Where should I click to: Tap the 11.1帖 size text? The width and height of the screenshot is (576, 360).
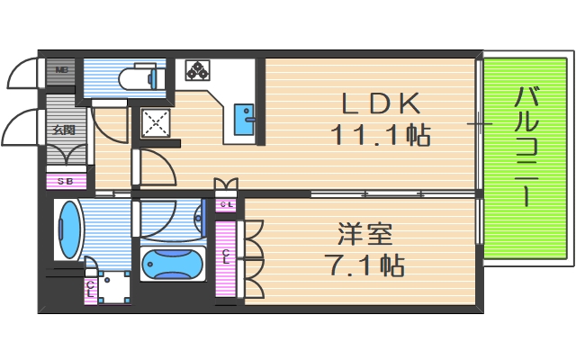tap(379, 136)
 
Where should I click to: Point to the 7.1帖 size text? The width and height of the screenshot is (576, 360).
tap(365, 265)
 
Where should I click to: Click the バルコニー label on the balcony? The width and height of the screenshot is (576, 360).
tap(526, 148)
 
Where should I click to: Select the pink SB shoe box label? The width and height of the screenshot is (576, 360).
tap(65, 182)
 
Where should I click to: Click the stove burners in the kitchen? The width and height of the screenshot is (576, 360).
tap(197, 70)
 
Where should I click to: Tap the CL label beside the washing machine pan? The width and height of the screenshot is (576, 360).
tap(90, 290)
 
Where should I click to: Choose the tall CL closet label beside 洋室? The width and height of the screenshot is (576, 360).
tap(226, 257)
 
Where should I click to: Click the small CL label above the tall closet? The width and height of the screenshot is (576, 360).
tap(226, 204)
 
